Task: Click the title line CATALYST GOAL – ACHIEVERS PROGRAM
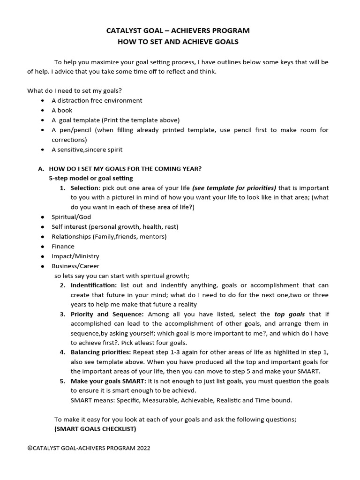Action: [178, 30]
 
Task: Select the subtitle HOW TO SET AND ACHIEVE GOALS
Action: [178, 42]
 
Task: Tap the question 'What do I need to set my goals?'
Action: [78, 90]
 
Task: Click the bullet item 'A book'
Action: [62, 110]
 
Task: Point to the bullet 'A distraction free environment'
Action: [97, 100]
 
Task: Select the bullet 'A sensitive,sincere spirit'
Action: [87, 150]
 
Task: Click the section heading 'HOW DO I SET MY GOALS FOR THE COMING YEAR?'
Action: [125, 169]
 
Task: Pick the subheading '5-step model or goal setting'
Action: [91, 178]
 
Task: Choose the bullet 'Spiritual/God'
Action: [71, 217]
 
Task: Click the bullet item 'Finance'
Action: [63, 246]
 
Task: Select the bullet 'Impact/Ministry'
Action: [75, 256]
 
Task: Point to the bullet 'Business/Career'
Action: [75, 266]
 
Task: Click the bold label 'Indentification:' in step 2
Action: [93, 285]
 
